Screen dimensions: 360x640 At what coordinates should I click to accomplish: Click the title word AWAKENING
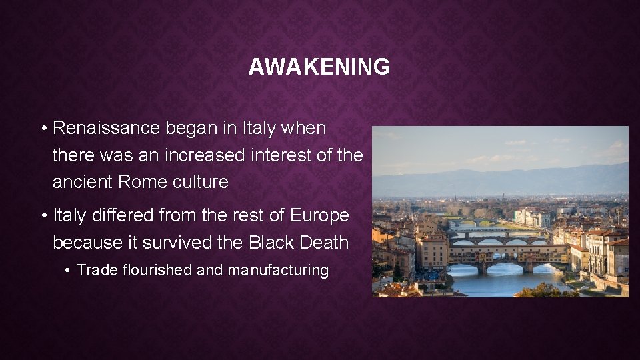[319, 67]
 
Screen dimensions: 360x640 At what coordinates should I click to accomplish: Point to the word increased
[206, 155]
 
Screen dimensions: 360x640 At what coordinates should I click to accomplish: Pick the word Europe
[319, 215]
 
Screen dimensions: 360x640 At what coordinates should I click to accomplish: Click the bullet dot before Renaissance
[43, 129]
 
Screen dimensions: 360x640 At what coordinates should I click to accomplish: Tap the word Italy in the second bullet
[67, 215]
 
